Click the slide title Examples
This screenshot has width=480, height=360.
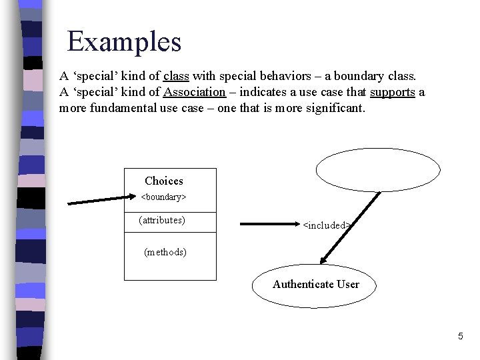(x=124, y=41)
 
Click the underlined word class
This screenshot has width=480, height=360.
(x=176, y=76)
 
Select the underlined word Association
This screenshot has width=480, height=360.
(x=195, y=92)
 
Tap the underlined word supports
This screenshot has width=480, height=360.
(x=393, y=92)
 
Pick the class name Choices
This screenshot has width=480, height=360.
(x=163, y=181)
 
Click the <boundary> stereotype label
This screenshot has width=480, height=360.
(x=163, y=197)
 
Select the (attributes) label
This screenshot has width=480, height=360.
(x=162, y=220)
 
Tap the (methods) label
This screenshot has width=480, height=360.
(x=165, y=252)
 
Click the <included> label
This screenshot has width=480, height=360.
(x=327, y=225)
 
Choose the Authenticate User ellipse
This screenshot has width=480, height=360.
(x=315, y=285)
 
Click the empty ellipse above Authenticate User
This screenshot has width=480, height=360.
(x=378, y=169)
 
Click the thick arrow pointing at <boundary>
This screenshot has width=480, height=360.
(x=100, y=199)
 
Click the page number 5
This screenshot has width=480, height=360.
(x=460, y=337)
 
